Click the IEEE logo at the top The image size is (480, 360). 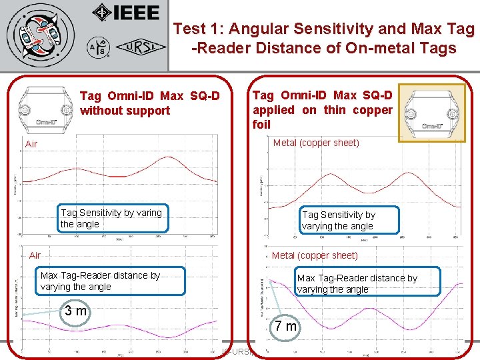click(x=126, y=13)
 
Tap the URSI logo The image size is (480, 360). click(x=138, y=47)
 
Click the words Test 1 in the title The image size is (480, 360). click(x=194, y=29)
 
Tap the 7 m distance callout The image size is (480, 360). click(x=287, y=327)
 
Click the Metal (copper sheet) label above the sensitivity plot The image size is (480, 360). click(x=316, y=143)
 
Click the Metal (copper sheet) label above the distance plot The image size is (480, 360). click(x=315, y=255)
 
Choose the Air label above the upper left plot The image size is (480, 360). click(x=31, y=144)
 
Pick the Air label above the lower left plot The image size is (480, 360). click(x=35, y=255)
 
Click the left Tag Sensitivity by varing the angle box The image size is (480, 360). click(x=112, y=218)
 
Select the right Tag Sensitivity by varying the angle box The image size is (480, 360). click(x=348, y=220)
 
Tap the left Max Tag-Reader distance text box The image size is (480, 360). click(x=100, y=281)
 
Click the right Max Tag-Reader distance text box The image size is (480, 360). click(x=357, y=283)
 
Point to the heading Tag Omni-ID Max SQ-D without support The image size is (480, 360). click(x=149, y=103)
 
